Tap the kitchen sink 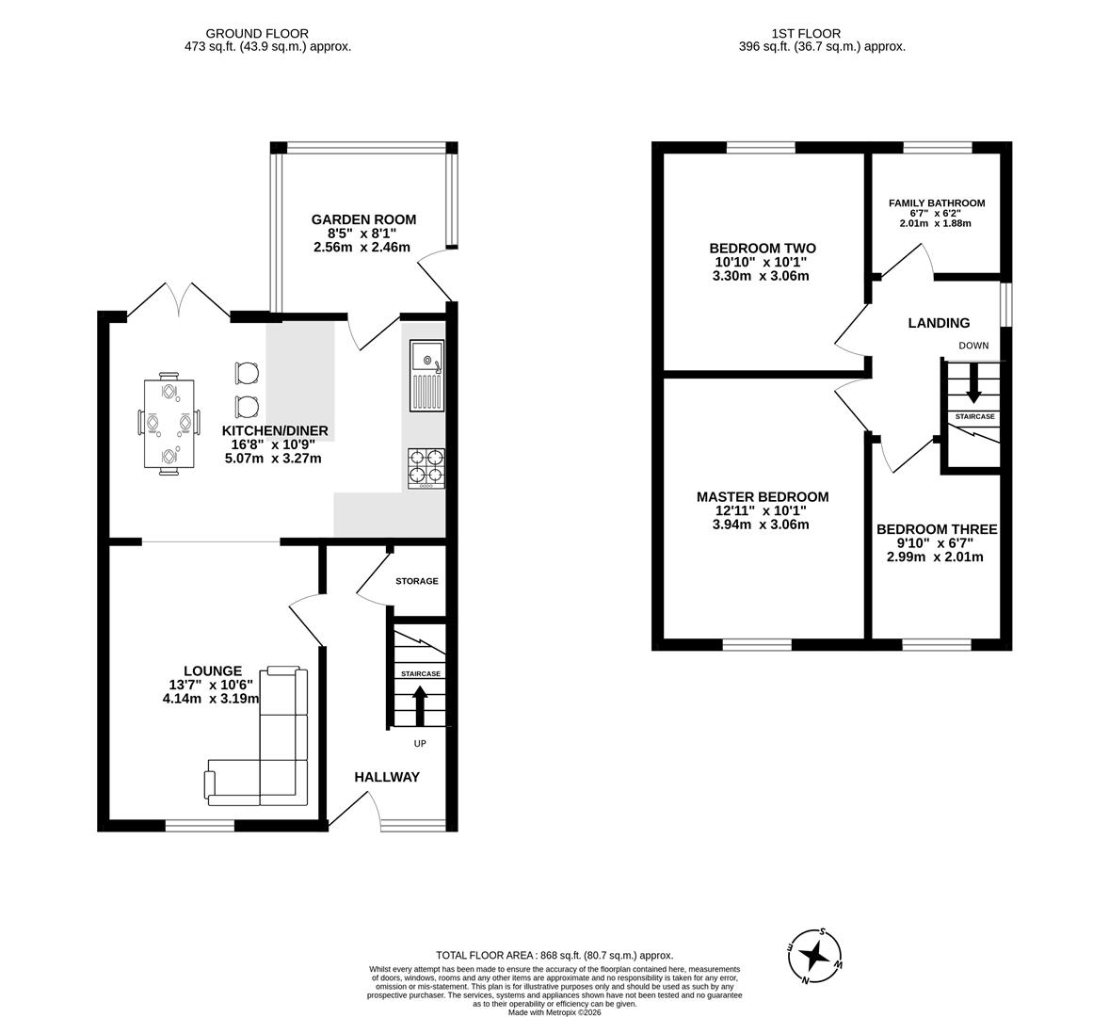click(426, 375)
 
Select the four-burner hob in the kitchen click(426, 467)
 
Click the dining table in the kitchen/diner click(169, 423)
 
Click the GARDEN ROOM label click(363, 219)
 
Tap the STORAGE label click(416, 581)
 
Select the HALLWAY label click(387, 777)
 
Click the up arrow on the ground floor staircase click(420, 704)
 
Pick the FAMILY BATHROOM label click(937, 202)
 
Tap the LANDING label click(939, 323)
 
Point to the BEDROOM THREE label click(936, 529)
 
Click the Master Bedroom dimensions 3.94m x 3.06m click(762, 525)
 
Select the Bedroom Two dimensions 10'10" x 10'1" click(762, 262)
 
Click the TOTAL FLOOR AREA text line click(554, 955)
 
